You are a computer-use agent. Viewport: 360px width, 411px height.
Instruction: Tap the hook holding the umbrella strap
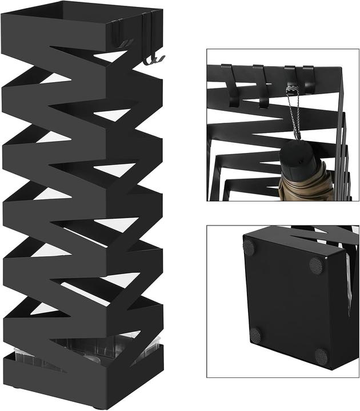tap(291, 80)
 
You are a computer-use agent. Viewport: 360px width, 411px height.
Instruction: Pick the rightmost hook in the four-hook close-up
tap(309, 79)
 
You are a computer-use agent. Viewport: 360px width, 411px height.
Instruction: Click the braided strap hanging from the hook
tap(294, 114)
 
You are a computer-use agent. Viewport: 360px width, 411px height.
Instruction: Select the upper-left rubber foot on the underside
tap(249, 247)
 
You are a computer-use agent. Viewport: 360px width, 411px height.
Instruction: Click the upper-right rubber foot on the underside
tap(316, 265)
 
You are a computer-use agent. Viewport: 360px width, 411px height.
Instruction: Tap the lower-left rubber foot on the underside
tap(255, 335)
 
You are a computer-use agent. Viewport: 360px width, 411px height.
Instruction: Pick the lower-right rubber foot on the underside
tap(321, 357)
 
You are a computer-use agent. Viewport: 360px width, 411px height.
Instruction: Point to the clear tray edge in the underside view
tap(349, 285)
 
